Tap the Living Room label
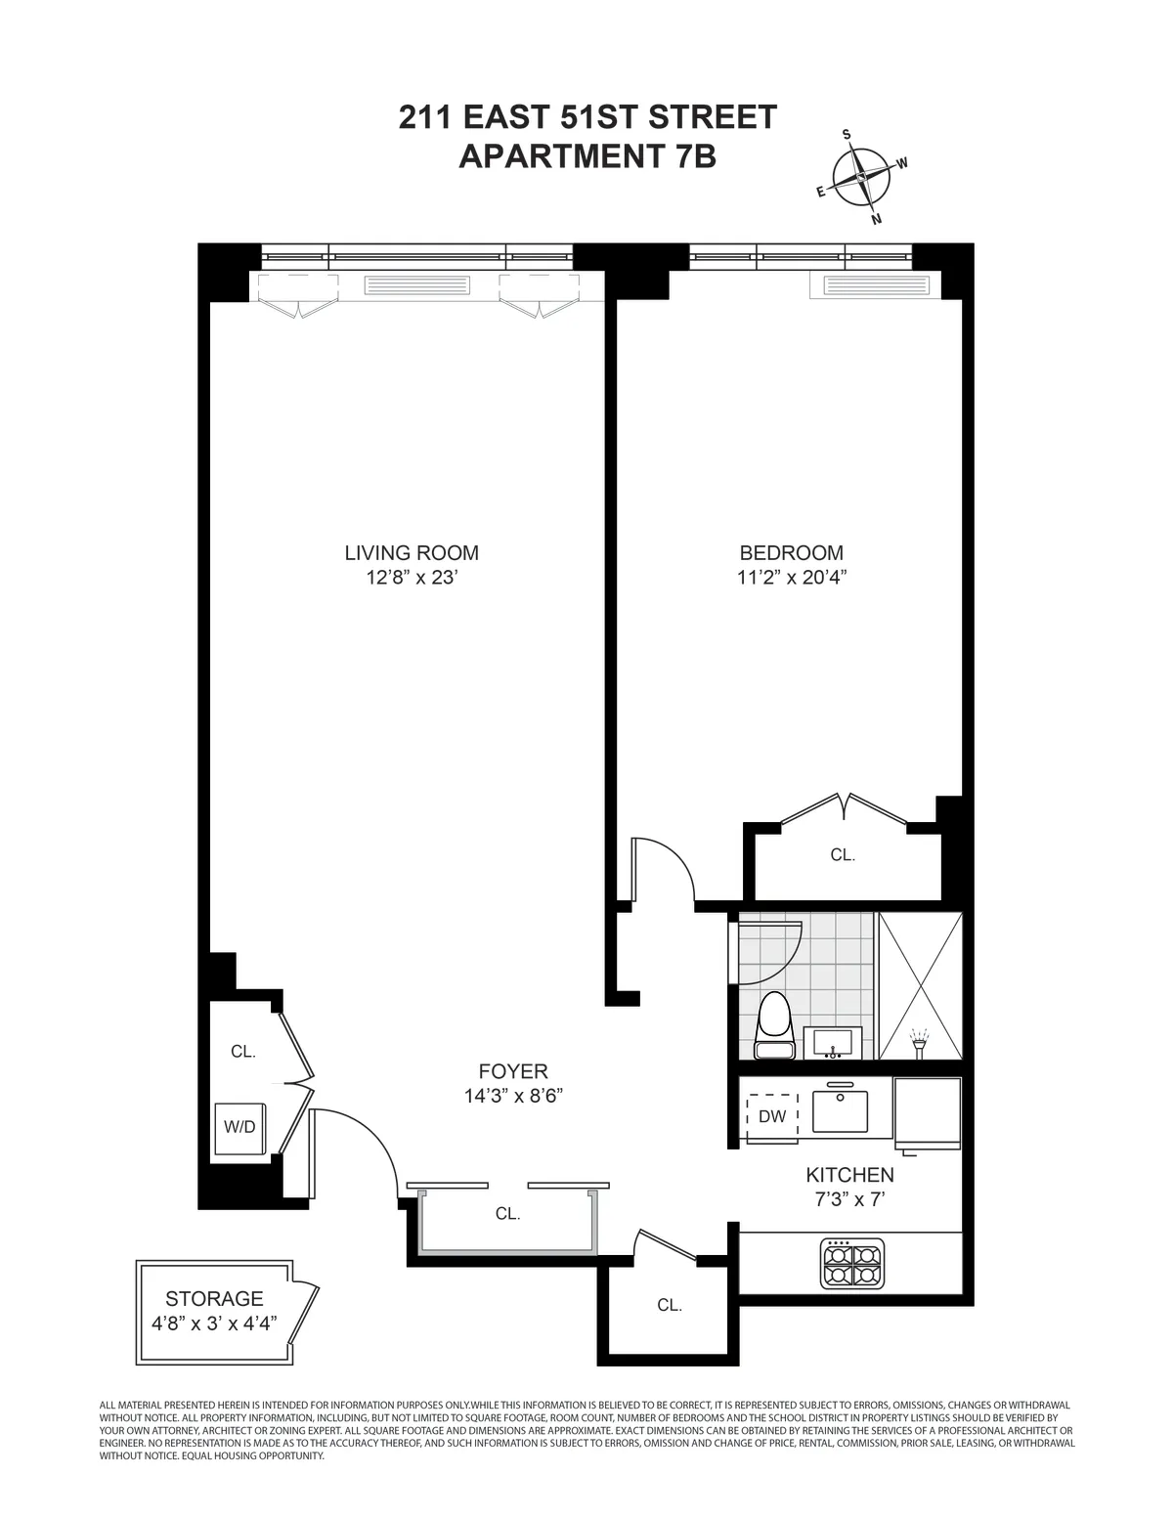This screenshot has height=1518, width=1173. point(412,553)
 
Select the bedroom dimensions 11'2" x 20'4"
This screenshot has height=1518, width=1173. point(791,578)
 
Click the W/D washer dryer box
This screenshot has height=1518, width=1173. point(239,1127)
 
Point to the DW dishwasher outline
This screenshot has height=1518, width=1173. point(772,1116)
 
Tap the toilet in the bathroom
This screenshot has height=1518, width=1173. point(778,1025)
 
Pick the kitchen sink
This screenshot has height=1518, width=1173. point(842,1109)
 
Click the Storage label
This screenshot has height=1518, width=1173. point(214,1299)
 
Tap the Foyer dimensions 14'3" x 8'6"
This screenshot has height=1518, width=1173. point(513,1097)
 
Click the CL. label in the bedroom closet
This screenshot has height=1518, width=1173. point(843,854)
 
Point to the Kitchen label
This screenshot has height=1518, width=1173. point(849,1175)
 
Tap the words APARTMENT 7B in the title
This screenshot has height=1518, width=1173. point(587,156)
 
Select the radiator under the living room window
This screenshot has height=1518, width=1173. point(416,285)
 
